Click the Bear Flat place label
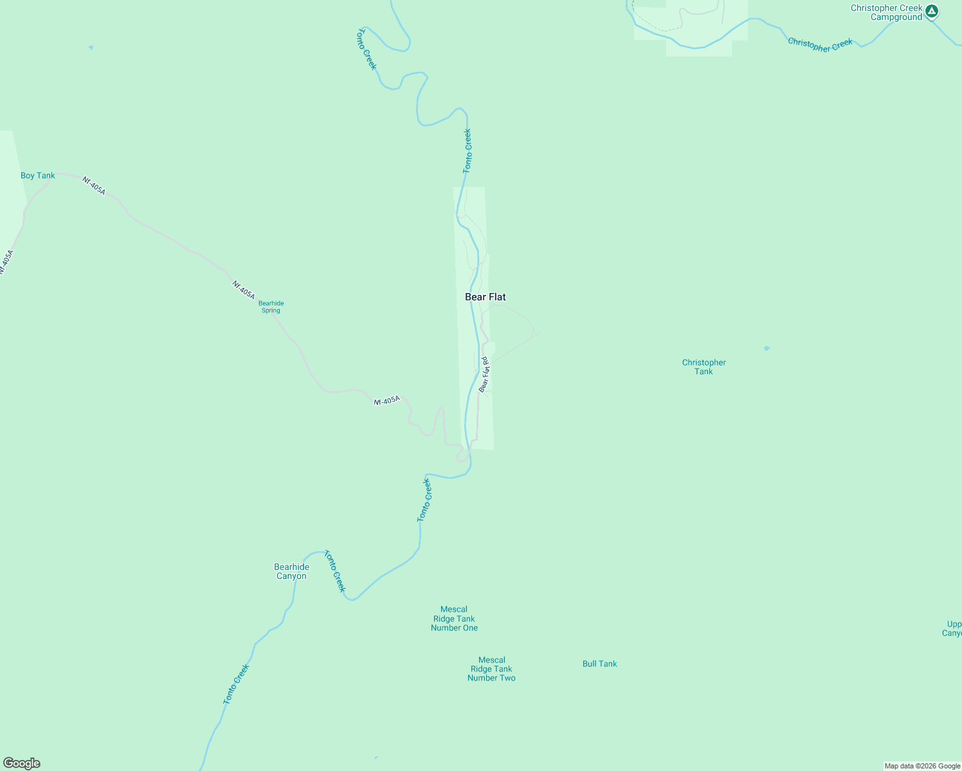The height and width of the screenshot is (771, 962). coord(486,297)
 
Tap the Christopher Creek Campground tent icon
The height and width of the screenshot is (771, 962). coord(931,12)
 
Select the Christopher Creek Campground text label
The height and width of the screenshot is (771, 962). coord(886,13)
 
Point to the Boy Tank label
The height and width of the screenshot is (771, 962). coord(38,175)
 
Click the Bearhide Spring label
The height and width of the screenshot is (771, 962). coord(271,307)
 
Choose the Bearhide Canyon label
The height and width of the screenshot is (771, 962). coord(291,571)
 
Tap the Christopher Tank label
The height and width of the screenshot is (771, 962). coord(703,367)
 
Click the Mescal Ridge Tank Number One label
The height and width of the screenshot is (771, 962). coord(454,619)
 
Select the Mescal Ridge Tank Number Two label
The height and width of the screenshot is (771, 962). coord(491,669)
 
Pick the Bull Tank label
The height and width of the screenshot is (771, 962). coord(599,664)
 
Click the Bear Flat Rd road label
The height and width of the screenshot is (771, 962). coord(484,375)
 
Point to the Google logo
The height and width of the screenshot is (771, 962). coord(22,763)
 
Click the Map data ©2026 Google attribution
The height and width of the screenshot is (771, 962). coord(922,766)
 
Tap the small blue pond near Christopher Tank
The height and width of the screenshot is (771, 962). coord(767,348)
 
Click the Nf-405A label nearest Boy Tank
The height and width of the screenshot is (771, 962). coord(94,186)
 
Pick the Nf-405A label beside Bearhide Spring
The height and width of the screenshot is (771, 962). coord(244,290)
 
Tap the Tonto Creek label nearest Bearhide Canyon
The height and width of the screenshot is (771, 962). coord(334,571)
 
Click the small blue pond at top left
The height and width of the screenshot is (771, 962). coord(91,48)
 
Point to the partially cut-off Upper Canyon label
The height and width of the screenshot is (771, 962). coord(953,628)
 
